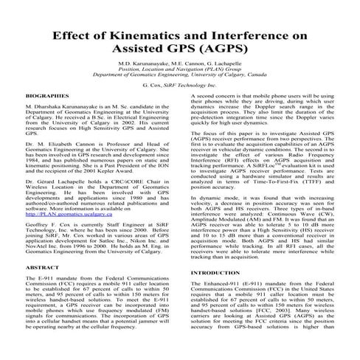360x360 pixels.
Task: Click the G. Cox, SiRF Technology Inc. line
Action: (180, 85)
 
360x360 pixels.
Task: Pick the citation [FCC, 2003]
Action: (273, 311)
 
